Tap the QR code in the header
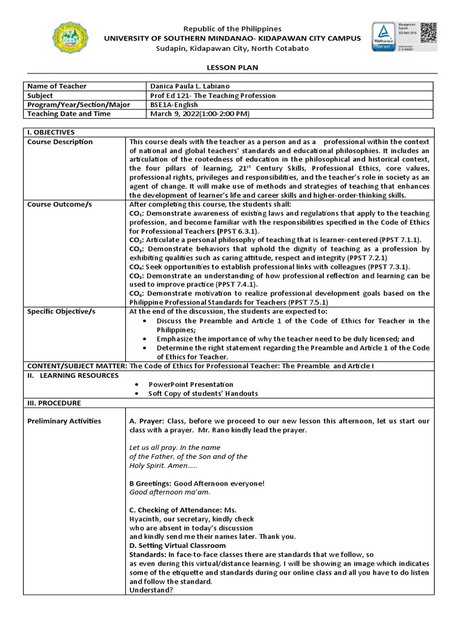point(428,31)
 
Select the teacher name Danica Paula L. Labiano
point(190,87)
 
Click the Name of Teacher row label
point(57,87)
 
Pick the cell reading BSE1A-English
point(174,105)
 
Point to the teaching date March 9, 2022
point(199,114)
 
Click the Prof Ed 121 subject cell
point(213,96)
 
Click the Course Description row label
point(60,142)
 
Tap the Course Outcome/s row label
point(59,205)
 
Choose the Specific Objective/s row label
point(62,311)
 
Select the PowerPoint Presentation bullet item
point(191,384)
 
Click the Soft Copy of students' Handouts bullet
point(203,394)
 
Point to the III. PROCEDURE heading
point(54,403)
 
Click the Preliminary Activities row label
point(64,421)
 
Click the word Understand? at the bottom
point(151,590)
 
